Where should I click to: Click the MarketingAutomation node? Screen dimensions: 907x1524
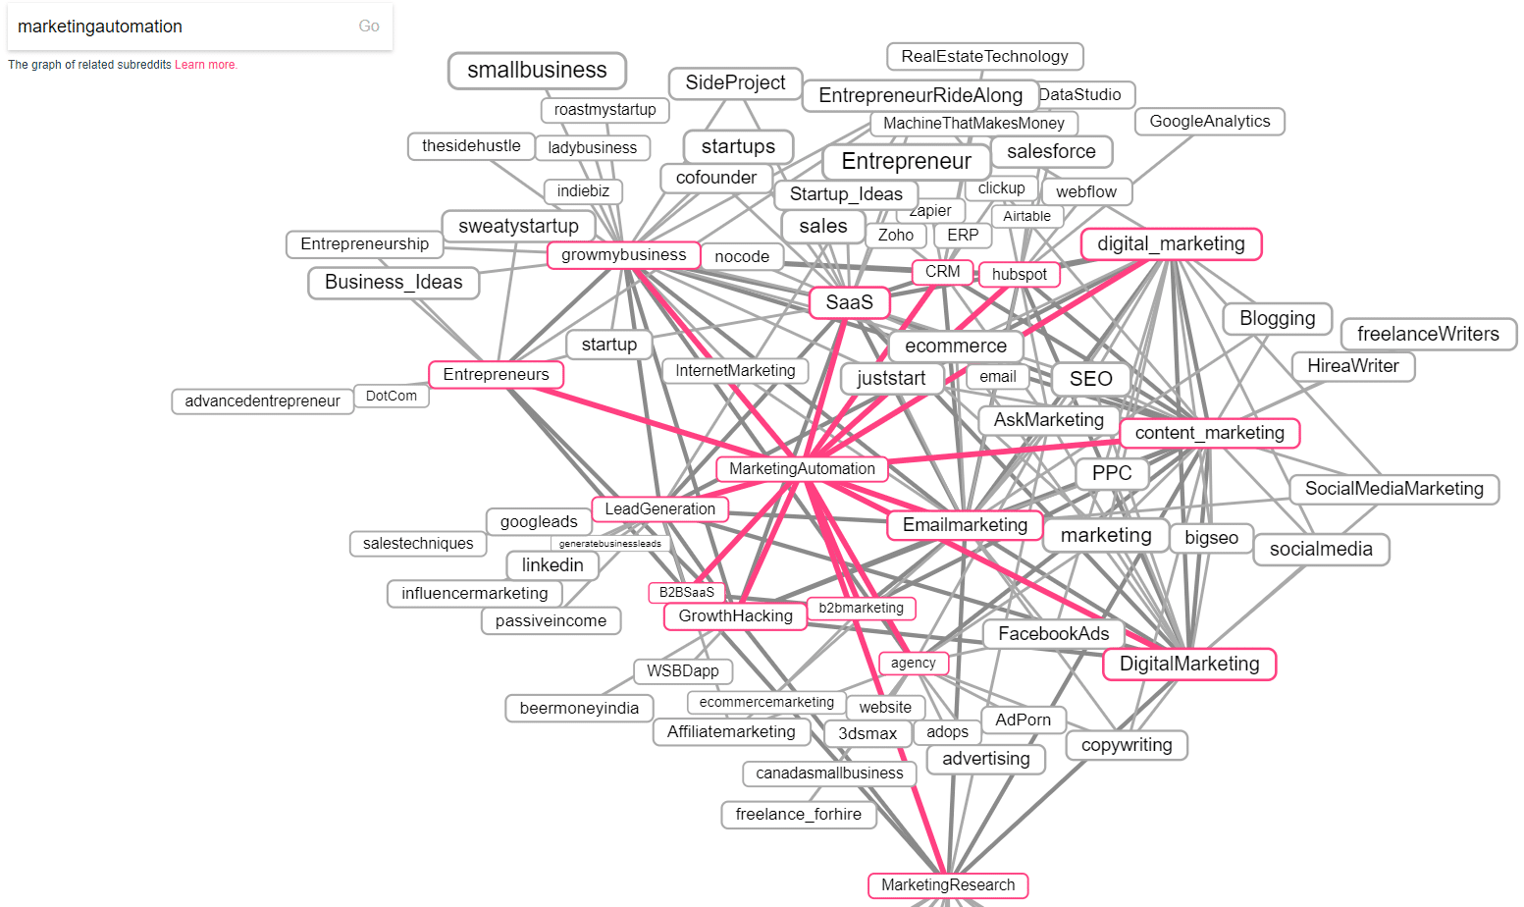(x=802, y=469)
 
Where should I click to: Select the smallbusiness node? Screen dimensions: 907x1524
(x=537, y=71)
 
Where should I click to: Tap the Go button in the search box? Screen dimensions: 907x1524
(x=369, y=27)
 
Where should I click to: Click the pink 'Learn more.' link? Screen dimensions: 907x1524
(x=206, y=65)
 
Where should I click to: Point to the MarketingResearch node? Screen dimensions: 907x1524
(x=948, y=885)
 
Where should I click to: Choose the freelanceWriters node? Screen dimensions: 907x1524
(x=1428, y=334)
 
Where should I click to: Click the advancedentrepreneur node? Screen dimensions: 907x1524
(x=262, y=401)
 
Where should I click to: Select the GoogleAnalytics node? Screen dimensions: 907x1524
(x=1209, y=122)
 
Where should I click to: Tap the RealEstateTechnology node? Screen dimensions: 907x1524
(x=984, y=57)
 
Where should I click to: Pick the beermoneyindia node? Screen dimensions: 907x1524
(x=579, y=709)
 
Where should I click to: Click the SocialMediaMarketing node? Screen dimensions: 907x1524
(x=1393, y=489)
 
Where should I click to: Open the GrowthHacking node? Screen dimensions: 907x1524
(x=735, y=616)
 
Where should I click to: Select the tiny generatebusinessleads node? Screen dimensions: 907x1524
(x=609, y=544)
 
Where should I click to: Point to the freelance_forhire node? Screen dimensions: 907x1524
(x=798, y=815)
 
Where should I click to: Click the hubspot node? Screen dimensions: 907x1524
(x=1019, y=275)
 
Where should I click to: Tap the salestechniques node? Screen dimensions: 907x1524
(x=418, y=544)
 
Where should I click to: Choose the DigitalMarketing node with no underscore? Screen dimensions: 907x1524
(x=1188, y=665)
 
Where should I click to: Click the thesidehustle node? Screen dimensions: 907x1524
(x=471, y=146)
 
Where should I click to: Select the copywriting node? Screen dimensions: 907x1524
(x=1126, y=745)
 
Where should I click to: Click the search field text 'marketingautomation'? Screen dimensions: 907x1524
(x=100, y=27)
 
